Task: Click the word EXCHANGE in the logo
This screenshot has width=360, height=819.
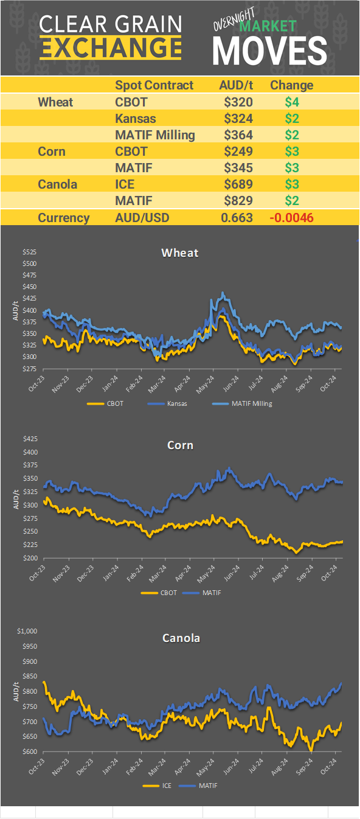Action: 110,47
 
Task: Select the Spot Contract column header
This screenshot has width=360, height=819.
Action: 154,85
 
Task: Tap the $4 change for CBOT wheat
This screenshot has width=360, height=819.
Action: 292,102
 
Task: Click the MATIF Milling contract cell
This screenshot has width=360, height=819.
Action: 155,135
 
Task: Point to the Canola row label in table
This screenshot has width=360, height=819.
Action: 57,184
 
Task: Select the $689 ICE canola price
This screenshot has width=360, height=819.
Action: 238,184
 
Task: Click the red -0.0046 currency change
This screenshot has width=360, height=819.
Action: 291,218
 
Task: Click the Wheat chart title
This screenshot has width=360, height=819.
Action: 180,253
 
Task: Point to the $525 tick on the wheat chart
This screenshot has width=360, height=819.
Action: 29,252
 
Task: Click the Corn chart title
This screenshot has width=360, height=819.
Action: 180,445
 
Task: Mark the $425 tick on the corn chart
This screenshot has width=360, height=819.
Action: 29,439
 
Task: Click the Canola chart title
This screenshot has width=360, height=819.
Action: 181,638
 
